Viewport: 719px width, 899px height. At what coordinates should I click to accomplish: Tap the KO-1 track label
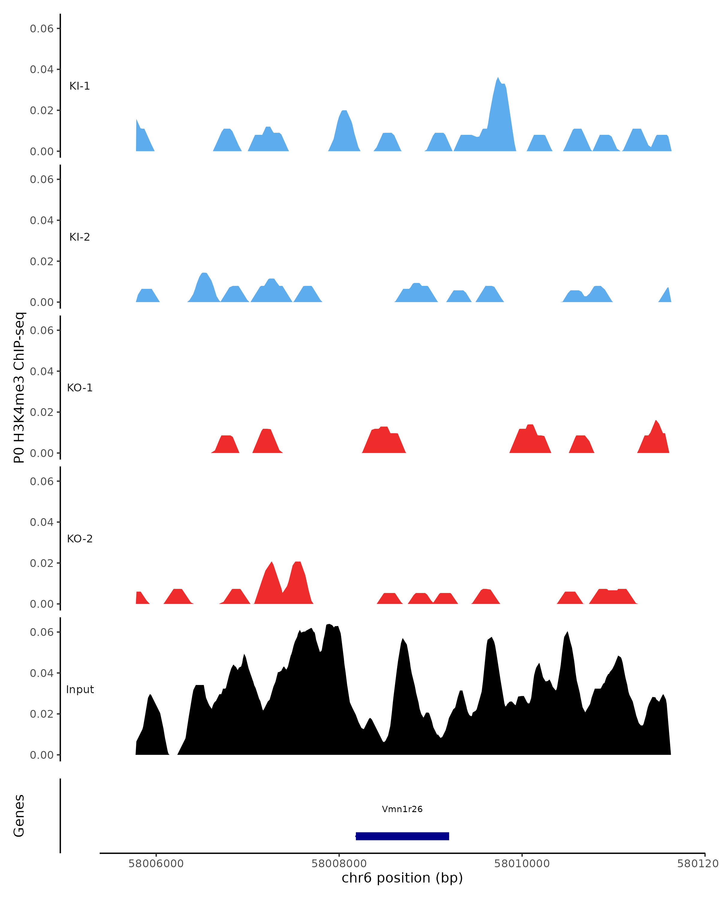click(80, 388)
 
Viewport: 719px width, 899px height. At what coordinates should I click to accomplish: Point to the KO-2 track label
click(80, 539)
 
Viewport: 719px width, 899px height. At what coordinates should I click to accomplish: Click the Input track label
click(80, 689)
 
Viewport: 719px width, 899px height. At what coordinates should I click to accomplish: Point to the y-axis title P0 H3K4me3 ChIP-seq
click(19, 388)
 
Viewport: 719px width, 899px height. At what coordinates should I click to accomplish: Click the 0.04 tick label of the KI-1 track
click(42, 69)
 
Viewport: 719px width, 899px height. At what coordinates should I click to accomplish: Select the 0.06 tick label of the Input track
click(42, 632)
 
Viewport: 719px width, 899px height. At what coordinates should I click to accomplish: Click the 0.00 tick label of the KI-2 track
click(42, 302)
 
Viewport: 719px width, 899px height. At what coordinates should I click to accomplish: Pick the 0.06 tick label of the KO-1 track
click(42, 330)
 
